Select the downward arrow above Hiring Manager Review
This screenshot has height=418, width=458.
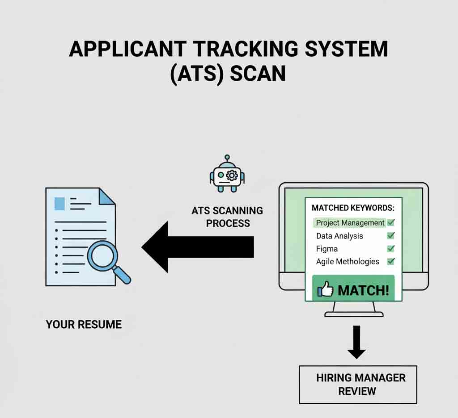point(356,342)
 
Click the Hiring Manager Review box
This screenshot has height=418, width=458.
point(357,384)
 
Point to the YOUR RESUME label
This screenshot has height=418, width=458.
point(84,324)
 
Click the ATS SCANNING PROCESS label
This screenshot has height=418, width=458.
point(227,217)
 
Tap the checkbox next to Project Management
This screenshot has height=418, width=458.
point(390,222)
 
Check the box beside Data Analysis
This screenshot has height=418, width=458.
point(390,235)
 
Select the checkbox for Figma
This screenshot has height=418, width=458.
point(390,248)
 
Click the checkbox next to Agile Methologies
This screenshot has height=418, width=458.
point(390,261)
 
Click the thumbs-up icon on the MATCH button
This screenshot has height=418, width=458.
point(326,290)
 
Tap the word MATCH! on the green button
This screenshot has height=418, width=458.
point(363,290)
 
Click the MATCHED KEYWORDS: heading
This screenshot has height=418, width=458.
point(353,208)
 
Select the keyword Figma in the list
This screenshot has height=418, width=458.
point(327,249)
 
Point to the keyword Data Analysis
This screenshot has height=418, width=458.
point(339,236)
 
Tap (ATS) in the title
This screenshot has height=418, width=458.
point(197,73)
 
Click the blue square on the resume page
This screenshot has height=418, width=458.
point(59,203)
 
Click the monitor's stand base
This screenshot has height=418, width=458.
point(353,314)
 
